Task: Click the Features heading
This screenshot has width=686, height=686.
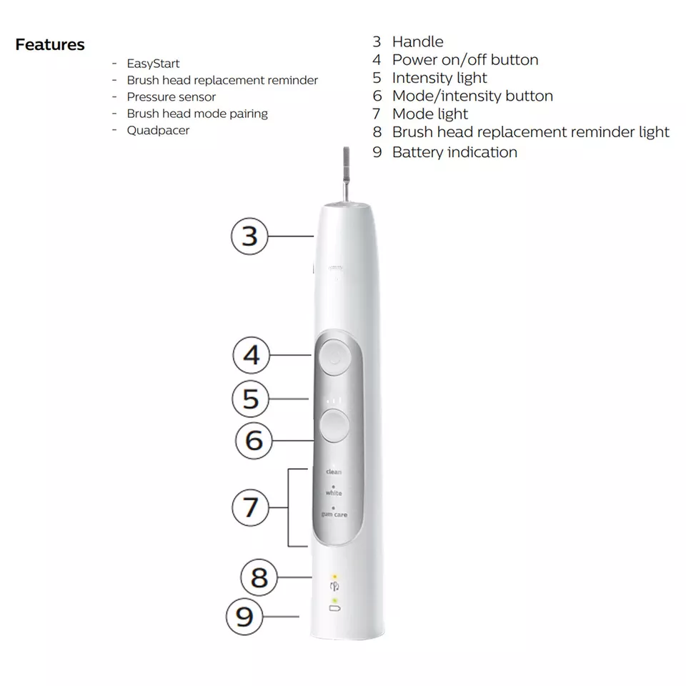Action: click(x=50, y=44)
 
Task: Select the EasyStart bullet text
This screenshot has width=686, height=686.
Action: click(x=153, y=64)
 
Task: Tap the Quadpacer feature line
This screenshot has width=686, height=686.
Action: click(x=158, y=130)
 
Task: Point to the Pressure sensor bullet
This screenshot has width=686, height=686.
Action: click(x=171, y=96)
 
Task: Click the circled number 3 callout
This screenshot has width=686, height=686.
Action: click(x=249, y=237)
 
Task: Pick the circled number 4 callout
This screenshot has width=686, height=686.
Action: click(x=251, y=355)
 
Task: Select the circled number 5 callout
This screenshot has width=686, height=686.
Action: click(x=251, y=399)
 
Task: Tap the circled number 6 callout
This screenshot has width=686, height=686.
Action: click(x=254, y=440)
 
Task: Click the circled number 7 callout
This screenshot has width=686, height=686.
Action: click(x=250, y=507)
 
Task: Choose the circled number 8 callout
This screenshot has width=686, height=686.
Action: click(x=259, y=577)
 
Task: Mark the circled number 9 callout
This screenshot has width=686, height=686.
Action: click(x=244, y=617)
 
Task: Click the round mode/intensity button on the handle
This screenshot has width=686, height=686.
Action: click(x=334, y=425)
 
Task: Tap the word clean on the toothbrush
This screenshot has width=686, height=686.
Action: click(x=334, y=472)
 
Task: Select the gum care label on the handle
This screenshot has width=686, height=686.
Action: click(x=334, y=514)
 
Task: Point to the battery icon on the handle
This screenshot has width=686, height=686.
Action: click(x=334, y=608)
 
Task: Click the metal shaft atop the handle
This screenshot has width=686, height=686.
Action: click(x=346, y=174)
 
